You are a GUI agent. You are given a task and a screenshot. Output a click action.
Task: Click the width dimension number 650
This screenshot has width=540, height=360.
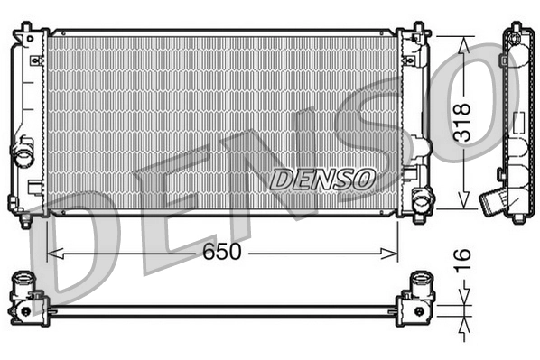coord(222,252)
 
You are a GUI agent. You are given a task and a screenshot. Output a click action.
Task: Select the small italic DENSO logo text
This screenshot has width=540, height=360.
coord(321,178)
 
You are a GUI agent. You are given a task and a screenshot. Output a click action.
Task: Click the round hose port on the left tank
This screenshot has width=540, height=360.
coord(23,157)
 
